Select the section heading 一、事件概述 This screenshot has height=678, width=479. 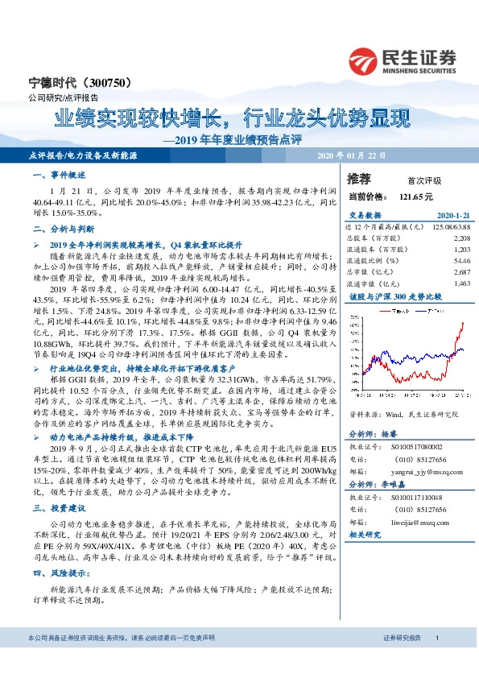[58, 175]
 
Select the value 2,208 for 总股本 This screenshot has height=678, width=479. [461, 238]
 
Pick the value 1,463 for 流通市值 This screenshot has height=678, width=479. [461, 283]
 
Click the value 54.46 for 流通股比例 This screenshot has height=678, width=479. [460, 261]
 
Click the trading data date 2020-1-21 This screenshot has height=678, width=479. [452, 216]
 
